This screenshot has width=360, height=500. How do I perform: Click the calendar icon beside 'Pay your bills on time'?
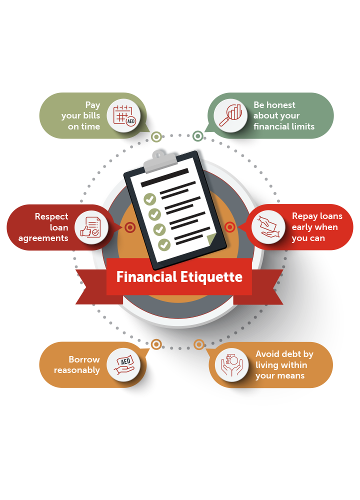124,115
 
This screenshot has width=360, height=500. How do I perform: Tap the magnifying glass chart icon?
230,115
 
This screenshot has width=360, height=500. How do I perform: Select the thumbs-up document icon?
90,227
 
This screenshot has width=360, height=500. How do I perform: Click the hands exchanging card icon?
268,226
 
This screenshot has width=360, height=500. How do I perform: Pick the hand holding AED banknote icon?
124,365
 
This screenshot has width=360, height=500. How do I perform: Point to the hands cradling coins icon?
232,365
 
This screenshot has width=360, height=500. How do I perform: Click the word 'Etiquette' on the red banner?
211,277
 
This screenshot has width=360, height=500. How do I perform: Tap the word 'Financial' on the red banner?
146,276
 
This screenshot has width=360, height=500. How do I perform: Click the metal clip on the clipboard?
160,161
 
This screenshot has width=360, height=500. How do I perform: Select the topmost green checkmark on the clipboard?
149,199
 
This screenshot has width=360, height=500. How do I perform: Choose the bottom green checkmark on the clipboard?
164,244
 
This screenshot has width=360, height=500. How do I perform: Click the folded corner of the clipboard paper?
211,239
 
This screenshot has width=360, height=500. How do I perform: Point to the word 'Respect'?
51,216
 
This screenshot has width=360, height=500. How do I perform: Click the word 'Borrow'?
84,359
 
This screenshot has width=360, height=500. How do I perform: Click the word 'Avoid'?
267,354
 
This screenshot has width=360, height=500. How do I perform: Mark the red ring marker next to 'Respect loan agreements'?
130,227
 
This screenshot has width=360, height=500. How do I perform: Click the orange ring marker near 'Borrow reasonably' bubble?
156,344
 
